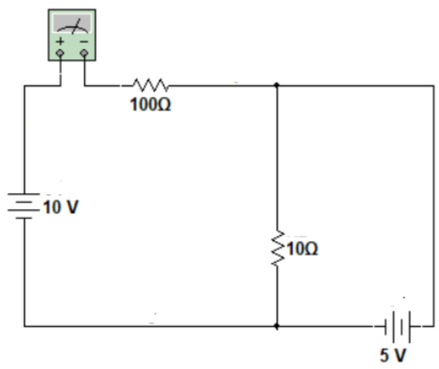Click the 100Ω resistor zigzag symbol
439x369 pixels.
click(149, 84)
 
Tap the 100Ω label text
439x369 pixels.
click(151, 105)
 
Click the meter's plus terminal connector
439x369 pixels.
click(60, 53)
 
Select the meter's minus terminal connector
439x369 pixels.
click(84, 53)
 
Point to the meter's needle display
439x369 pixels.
click(72, 24)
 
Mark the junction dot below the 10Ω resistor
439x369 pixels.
click(277, 326)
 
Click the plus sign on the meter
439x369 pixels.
click(60, 41)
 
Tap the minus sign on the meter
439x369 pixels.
click(84, 41)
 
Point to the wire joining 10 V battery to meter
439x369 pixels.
click(24, 138)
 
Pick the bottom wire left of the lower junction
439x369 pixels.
click(151, 326)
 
